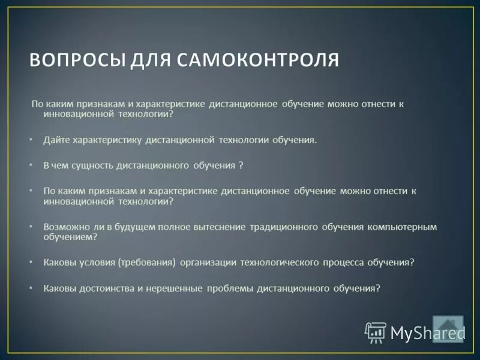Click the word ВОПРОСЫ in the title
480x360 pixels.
coord(71,61)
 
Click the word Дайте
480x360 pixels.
coord(56,139)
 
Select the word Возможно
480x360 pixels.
coord(64,227)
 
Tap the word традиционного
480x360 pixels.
coord(280,227)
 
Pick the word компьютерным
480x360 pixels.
coord(401,227)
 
